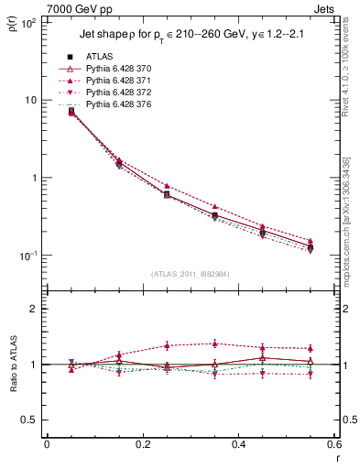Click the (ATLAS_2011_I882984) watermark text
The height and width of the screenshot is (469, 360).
pyautogui.click(x=190, y=274)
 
